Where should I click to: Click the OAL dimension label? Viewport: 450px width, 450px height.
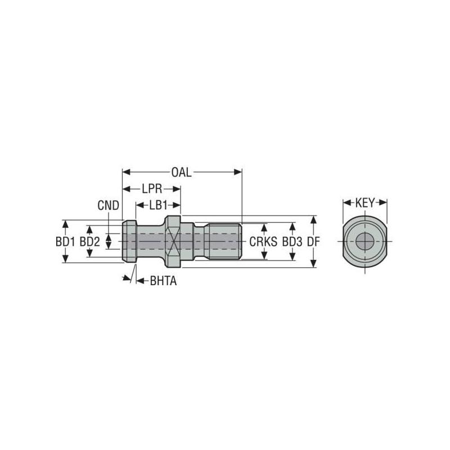click(182, 172)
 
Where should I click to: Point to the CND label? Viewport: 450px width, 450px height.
click(108, 206)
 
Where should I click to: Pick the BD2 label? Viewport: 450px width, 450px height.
click(89, 241)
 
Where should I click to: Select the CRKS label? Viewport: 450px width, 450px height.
click(264, 241)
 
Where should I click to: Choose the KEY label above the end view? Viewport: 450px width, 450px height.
click(364, 202)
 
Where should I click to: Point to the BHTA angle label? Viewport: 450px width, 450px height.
click(163, 281)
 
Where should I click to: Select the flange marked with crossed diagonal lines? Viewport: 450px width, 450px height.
click(173, 241)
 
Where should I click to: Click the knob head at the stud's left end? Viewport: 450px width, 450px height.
click(129, 241)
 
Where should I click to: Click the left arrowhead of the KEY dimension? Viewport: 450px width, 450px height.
click(345, 202)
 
